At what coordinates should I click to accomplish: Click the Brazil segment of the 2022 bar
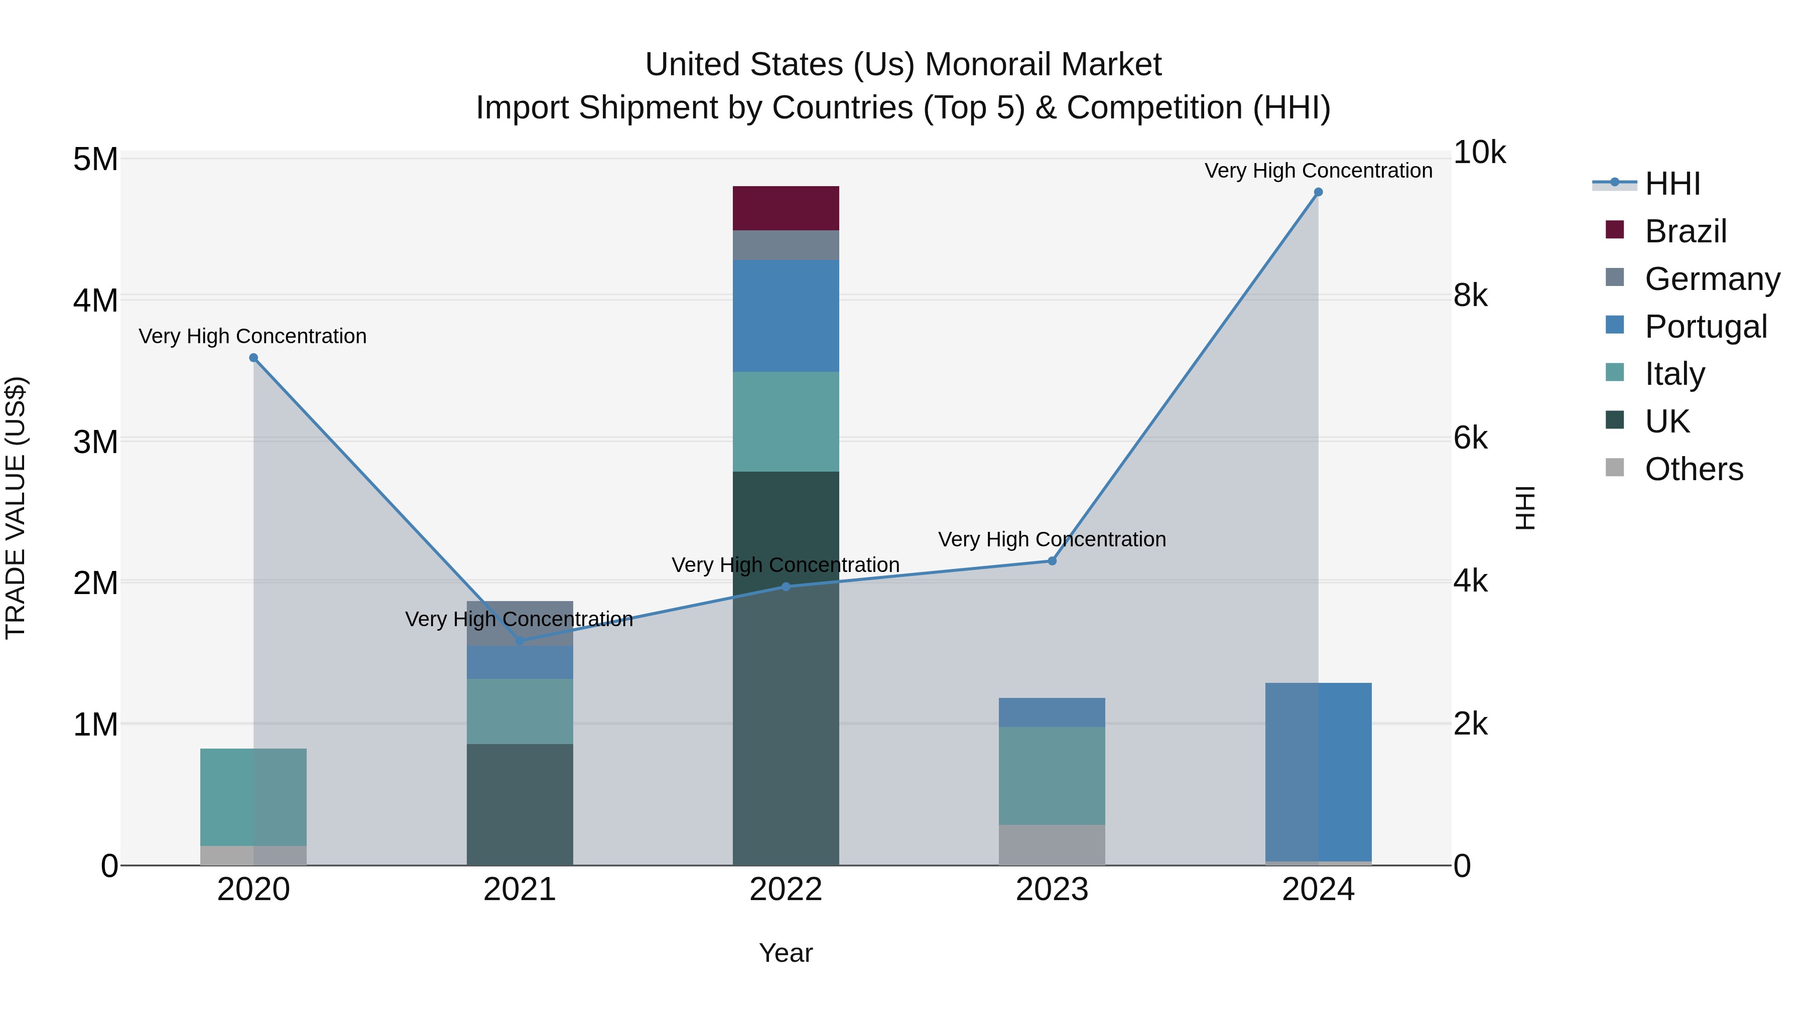[x=786, y=208]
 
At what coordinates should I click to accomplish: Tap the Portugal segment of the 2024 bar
[x=1318, y=771]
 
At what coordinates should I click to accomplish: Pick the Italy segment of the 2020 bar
[x=253, y=797]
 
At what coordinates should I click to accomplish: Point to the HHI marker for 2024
[x=1318, y=192]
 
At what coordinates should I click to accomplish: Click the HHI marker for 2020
[x=254, y=358]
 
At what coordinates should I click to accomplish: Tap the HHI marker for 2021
[x=520, y=641]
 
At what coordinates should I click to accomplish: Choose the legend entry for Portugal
[x=1705, y=326]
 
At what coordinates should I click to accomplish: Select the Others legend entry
[x=1694, y=469]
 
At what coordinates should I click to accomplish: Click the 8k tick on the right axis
[x=1470, y=296]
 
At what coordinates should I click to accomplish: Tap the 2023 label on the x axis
[x=1052, y=890]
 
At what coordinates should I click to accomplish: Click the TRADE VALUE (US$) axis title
[x=16, y=508]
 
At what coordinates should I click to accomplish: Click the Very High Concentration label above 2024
[x=1318, y=171]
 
